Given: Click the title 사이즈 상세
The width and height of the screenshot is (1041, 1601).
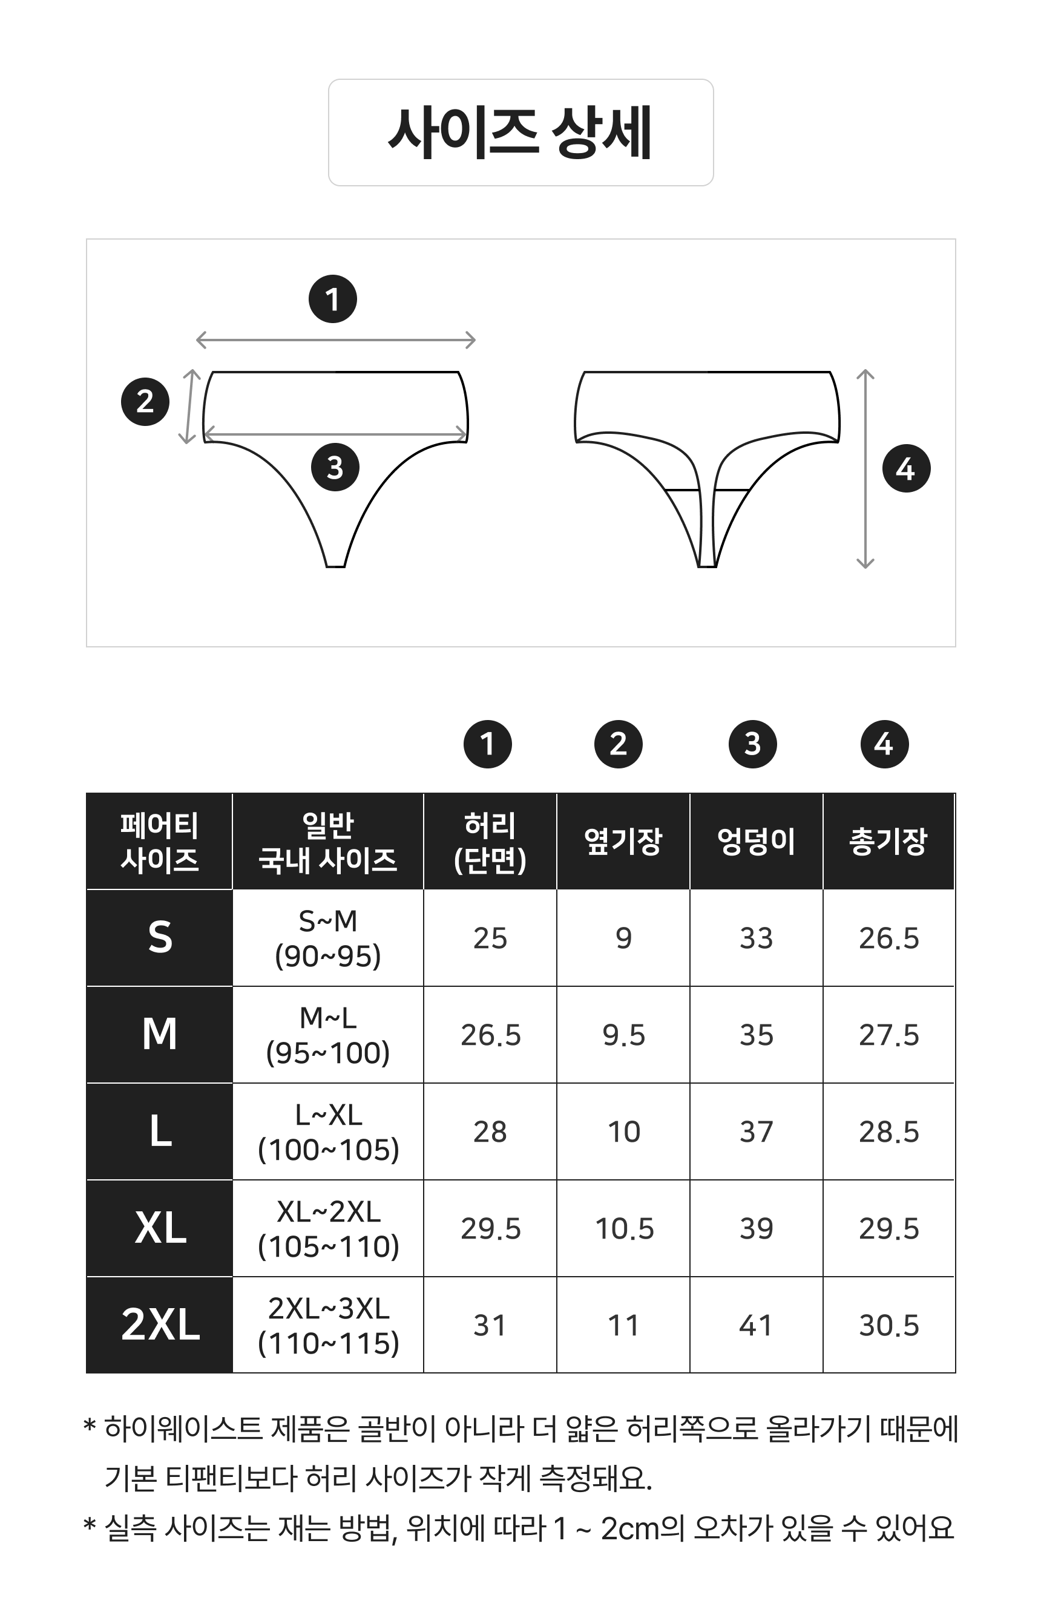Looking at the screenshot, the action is click(520, 133).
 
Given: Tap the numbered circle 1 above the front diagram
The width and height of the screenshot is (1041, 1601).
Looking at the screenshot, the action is click(332, 299).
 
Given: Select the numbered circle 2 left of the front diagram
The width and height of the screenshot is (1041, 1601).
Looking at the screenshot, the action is click(145, 402).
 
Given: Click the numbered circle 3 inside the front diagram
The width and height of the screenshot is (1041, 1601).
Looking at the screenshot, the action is click(335, 467).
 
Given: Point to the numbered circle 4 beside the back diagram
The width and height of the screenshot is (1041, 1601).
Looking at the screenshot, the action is click(906, 468).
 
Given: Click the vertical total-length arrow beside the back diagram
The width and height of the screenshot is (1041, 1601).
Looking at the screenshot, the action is click(865, 469).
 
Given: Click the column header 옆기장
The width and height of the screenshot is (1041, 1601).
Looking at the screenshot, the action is click(623, 841).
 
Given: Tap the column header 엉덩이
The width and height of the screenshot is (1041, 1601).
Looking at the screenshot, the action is click(756, 841).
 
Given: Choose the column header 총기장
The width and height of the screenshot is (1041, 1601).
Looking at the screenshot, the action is click(888, 841).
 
